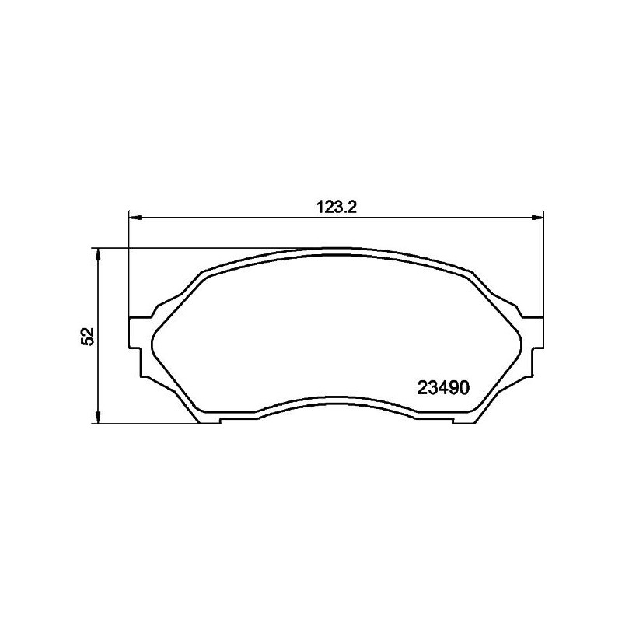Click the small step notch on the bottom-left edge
pos(222,420)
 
